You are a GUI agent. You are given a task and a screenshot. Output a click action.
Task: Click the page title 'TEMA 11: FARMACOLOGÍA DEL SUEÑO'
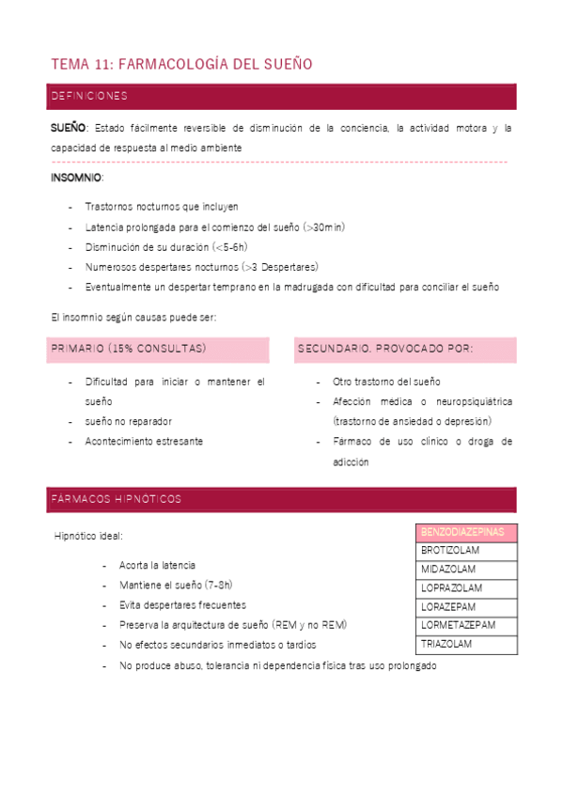point(180,64)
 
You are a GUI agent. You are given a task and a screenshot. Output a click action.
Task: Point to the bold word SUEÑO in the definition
point(68,128)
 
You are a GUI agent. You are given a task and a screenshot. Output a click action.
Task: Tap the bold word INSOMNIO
point(76,178)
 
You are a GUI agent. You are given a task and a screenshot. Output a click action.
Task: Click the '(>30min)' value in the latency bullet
point(323,227)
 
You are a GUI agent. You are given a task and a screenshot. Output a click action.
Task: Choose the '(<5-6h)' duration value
point(229,246)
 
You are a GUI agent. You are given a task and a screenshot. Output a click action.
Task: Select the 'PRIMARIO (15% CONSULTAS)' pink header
point(128,349)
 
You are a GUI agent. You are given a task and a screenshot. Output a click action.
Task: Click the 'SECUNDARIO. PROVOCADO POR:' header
point(385,349)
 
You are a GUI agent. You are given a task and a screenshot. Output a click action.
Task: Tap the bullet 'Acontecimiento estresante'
point(143,441)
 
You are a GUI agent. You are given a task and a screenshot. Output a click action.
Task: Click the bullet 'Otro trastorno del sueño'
point(386,382)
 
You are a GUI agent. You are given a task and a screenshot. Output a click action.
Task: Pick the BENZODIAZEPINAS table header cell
point(462,532)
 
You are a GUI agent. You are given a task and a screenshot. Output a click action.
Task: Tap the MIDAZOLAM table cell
point(448,570)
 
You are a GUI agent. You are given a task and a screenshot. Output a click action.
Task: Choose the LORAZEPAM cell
point(448,607)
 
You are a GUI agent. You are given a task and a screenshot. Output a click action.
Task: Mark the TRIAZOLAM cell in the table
point(446,645)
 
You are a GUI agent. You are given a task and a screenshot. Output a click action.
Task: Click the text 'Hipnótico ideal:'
point(88,536)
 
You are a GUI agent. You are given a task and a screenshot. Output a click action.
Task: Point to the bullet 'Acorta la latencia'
point(157,565)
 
